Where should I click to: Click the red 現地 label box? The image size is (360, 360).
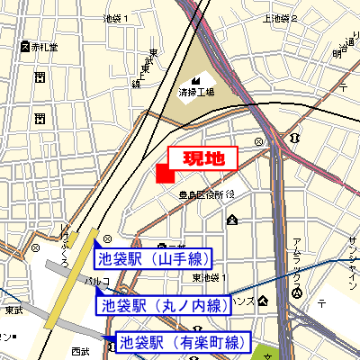point(202,157)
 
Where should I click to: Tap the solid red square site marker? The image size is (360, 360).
point(165,175)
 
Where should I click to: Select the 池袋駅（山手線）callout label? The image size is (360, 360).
point(152,260)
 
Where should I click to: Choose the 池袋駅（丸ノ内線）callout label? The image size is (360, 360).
point(163,305)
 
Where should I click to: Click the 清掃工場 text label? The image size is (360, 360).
point(196,92)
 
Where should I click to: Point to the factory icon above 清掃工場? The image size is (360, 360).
point(196,76)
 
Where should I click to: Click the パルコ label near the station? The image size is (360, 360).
point(97,282)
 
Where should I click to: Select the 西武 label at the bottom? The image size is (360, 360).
point(81,351)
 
